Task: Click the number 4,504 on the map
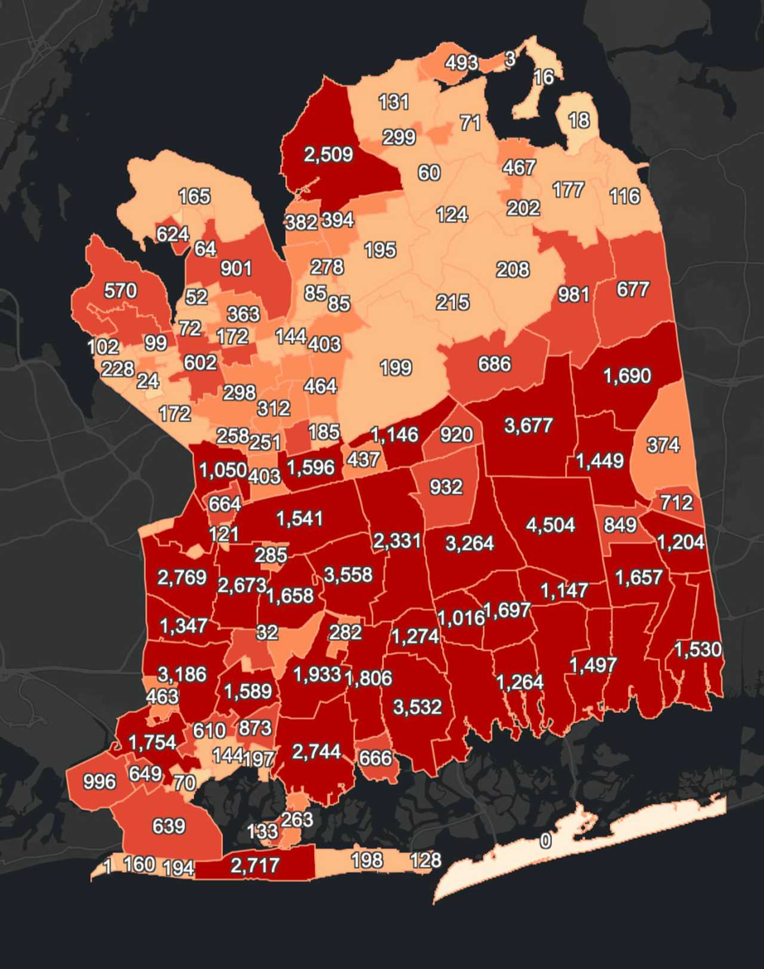coord(550,525)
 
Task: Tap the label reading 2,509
coord(328,155)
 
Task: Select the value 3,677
coord(528,425)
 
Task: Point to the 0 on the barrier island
coord(546,841)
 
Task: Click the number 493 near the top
coord(461,62)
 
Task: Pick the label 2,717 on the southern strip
coord(255,865)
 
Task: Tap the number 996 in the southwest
coord(100,781)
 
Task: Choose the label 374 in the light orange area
coord(663,445)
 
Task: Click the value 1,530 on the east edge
coord(698,649)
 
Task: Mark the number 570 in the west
coord(121,291)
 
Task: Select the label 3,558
coord(348,575)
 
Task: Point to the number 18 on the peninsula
coord(578,121)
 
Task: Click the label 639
coord(169,826)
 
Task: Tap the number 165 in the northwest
coord(195,196)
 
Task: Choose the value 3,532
coord(417,707)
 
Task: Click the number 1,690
coord(627,376)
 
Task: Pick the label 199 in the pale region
coord(396,367)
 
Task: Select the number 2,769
coord(181,578)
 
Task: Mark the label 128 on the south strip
coord(426,860)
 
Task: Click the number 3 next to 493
coord(510,59)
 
